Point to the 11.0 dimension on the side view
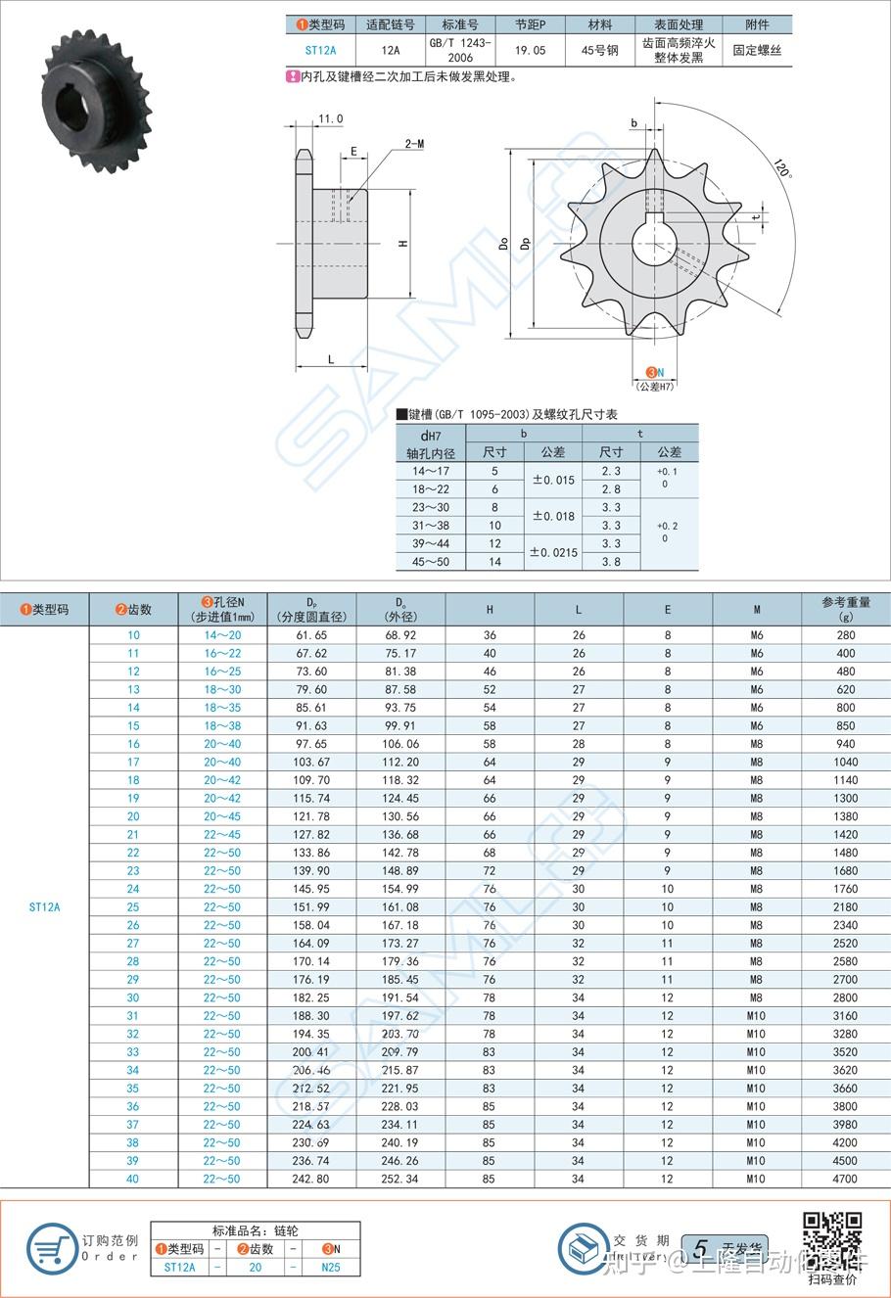tap(330, 119)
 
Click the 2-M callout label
tap(414, 144)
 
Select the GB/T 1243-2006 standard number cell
tap(460, 50)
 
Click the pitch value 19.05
tap(530, 50)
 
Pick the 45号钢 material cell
tap(599, 50)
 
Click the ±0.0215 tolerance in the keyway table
tap(553, 552)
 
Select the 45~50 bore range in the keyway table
tap(431, 562)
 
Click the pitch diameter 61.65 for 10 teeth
tap(311, 635)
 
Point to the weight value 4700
tap(845, 1179)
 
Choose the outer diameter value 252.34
tap(400, 1179)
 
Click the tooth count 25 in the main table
tap(133, 907)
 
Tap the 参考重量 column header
tap(845, 609)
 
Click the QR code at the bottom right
tap(832, 1238)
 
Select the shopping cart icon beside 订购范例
tap(52, 1248)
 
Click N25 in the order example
tap(331, 1267)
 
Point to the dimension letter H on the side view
tap(402, 243)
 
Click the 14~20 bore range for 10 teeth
tap(222, 635)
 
